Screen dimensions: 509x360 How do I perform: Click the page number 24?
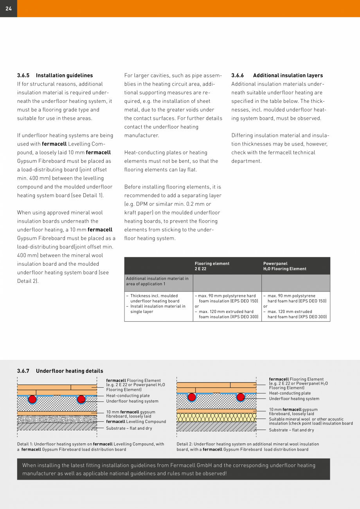9,9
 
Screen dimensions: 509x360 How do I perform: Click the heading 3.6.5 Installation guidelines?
55,76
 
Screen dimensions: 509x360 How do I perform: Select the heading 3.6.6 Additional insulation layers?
277,76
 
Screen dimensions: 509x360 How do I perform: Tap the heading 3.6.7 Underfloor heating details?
60,371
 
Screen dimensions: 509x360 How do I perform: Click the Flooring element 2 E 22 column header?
212,266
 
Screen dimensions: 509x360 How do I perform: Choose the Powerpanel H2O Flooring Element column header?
285,266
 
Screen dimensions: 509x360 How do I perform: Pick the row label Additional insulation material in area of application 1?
157,281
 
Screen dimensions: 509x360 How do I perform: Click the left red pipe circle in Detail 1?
32,399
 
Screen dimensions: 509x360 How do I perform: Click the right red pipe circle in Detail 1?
81,399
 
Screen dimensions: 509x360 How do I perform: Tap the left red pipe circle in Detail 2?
192,397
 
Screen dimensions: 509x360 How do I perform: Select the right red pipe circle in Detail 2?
241,397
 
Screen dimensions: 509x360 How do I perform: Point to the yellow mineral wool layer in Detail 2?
216,417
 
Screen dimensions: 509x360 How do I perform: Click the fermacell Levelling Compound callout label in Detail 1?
136,422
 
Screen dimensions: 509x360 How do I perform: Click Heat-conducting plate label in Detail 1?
128,396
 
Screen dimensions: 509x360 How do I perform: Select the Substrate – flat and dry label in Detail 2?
291,430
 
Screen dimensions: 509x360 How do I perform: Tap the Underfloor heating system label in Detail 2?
294,399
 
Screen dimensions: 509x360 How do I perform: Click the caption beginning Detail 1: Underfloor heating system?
90,447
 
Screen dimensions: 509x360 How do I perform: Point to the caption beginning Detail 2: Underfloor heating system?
248,447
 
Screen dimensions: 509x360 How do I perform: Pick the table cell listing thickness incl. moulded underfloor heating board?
158,304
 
